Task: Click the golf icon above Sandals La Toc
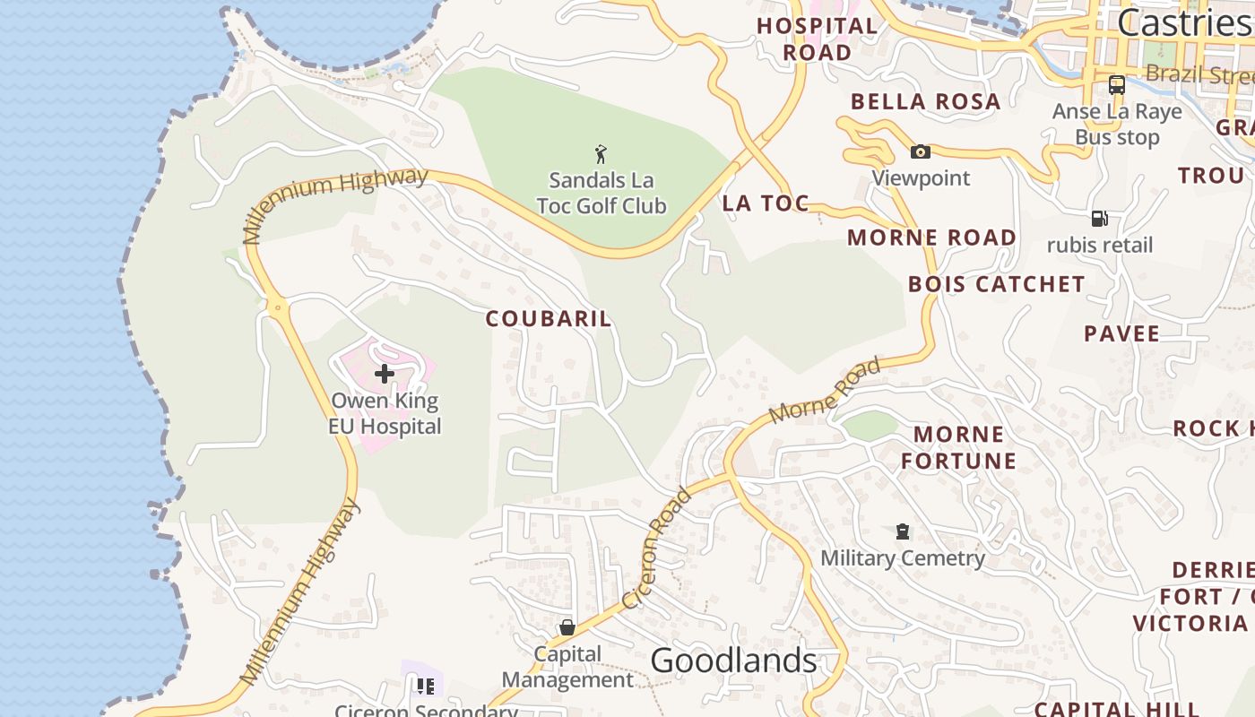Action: [x=601, y=154]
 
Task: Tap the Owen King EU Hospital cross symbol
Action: [x=385, y=373]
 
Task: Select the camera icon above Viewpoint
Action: [x=920, y=151]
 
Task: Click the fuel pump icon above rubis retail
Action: [x=1099, y=219]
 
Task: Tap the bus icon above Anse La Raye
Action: [x=1117, y=85]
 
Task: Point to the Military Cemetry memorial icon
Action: [x=903, y=531]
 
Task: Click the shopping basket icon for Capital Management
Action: [x=567, y=627]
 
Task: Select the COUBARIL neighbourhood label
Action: [x=549, y=318]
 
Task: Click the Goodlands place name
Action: [x=733, y=661]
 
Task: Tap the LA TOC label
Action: [x=766, y=203]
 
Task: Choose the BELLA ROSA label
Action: [x=925, y=101]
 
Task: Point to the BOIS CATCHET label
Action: [x=996, y=284]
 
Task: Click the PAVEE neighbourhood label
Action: [x=1121, y=333]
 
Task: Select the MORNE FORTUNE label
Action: [x=958, y=447]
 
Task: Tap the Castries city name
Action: [x=1183, y=22]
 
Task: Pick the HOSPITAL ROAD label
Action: [x=817, y=39]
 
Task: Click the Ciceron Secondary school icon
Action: [x=425, y=687]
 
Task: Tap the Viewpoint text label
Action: [x=921, y=177]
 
